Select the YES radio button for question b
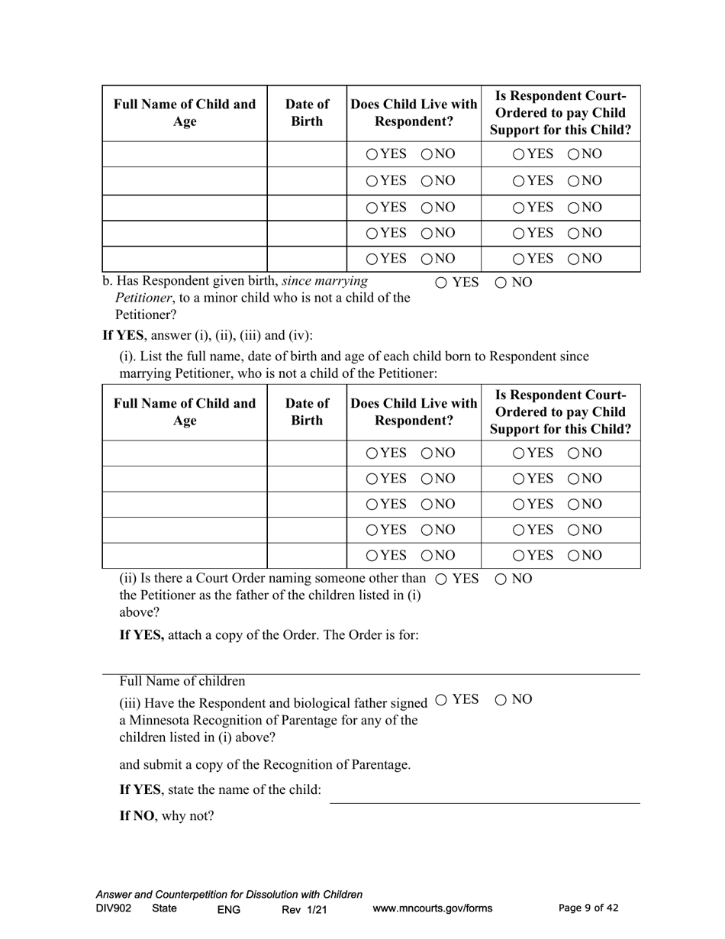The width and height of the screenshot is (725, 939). [x=442, y=282]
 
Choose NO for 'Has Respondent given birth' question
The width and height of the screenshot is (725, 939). [x=501, y=282]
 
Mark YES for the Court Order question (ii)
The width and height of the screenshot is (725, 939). [x=442, y=579]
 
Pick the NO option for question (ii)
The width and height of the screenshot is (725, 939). [x=501, y=579]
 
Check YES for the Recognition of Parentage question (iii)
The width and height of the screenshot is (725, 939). [x=442, y=699]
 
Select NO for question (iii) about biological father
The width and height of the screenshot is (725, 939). [x=501, y=699]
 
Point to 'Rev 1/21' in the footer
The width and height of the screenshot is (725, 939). [x=304, y=909]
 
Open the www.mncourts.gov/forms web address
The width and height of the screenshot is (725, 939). [x=432, y=908]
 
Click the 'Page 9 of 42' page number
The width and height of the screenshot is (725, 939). [x=588, y=908]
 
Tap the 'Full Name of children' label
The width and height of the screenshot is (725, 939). [x=182, y=681]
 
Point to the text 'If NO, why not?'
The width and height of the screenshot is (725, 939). [x=166, y=815]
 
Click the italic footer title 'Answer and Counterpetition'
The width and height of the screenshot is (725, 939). [x=229, y=895]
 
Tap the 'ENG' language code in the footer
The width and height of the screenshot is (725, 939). [x=229, y=909]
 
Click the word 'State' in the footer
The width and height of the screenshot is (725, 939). [x=164, y=908]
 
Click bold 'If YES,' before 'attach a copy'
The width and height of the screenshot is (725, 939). [x=142, y=635]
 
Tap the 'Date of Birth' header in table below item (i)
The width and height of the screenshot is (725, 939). [x=307, y=411]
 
